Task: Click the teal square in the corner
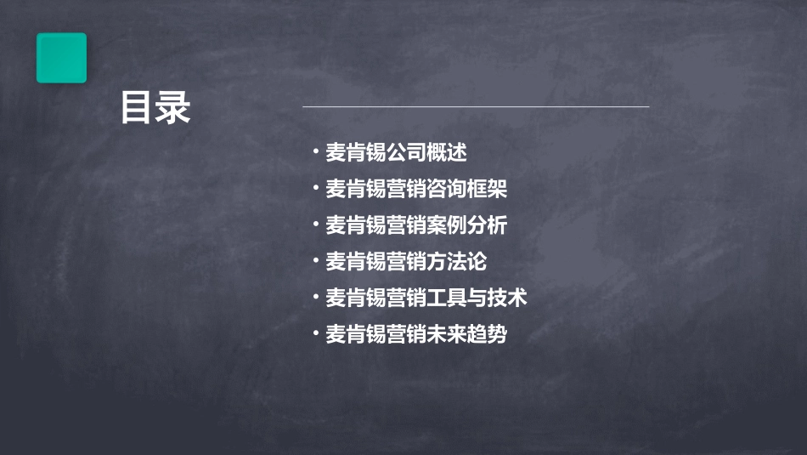click(61, 58)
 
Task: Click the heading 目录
click(155, 109)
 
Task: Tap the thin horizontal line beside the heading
click(476, 107)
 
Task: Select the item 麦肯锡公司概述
click(397, 153)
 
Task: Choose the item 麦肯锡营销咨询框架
click(416, 189)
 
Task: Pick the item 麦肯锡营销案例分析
click(416, 225)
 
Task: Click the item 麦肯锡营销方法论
click(406, 262)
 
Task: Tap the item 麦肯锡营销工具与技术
click(426, 298)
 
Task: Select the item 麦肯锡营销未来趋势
click(416, 334)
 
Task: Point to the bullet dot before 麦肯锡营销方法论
click(315, 261)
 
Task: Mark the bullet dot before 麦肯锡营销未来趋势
click(315, 333)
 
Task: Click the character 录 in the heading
click(173, 109)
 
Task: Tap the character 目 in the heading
click(137, 109)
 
